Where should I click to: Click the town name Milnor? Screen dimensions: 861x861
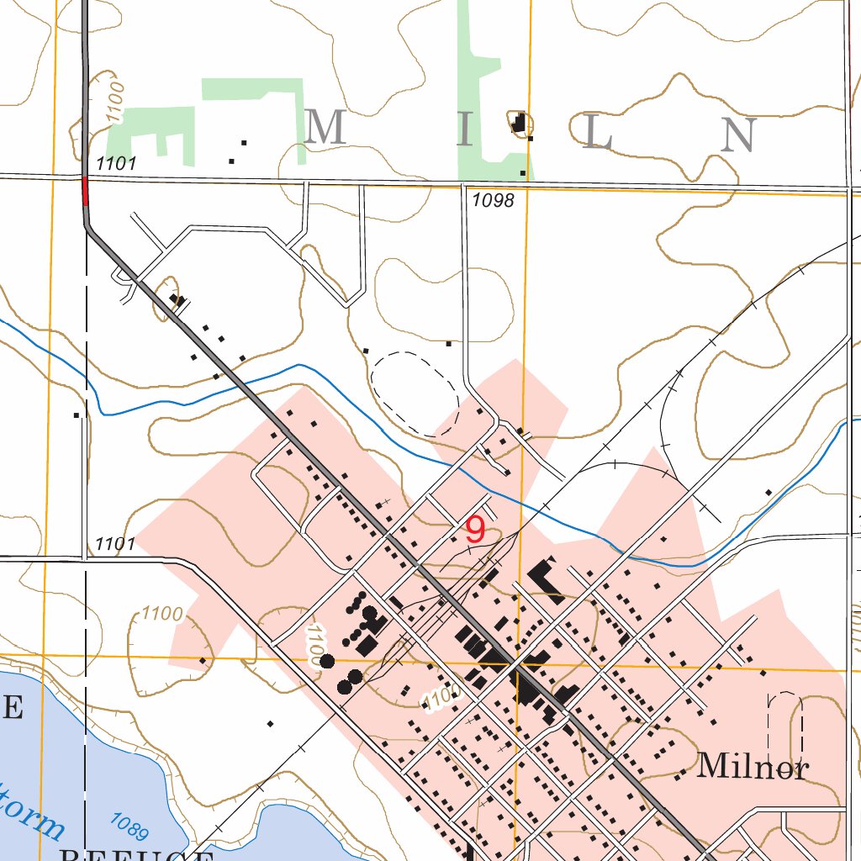click(753, 766)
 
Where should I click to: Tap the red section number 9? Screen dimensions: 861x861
click(475, 531)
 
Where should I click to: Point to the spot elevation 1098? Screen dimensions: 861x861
click(493, 200)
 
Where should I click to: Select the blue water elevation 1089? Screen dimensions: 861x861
click(129, 826)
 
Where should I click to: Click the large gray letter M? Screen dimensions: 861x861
click(325, 128)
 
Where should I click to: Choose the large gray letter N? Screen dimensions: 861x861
click(737, 135)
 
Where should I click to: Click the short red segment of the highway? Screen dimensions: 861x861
click(85, 191)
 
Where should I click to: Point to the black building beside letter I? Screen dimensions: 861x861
click(520, 124)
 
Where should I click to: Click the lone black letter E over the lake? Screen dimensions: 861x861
click(11, 709)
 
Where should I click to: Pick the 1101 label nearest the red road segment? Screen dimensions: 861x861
click(116, 164)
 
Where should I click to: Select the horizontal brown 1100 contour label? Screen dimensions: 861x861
click(162, 614)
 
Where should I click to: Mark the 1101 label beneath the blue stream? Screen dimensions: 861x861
click(115, 544)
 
